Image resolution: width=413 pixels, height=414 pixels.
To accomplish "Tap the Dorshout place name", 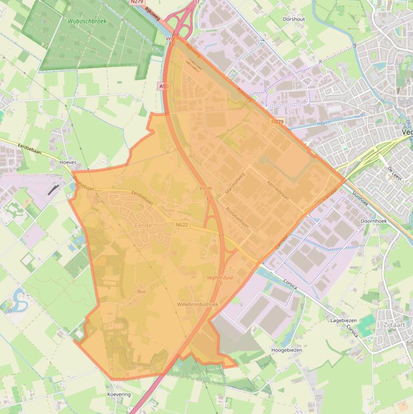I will point(294,19).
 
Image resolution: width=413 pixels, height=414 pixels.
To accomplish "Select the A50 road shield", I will point(163,86).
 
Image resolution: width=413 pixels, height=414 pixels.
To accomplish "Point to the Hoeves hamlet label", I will point(68,162).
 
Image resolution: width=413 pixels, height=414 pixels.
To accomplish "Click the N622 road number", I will point(181,225).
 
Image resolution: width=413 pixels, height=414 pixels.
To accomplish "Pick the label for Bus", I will point(142,291).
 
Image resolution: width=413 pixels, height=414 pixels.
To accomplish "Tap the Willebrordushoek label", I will point(198,304).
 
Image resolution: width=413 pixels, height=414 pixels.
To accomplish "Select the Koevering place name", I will point(119,395).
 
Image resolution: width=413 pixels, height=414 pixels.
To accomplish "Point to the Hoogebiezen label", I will point(287,350).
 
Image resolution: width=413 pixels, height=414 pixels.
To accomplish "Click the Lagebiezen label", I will point(344,320).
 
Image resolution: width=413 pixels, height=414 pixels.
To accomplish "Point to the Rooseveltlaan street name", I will point(237,218).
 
